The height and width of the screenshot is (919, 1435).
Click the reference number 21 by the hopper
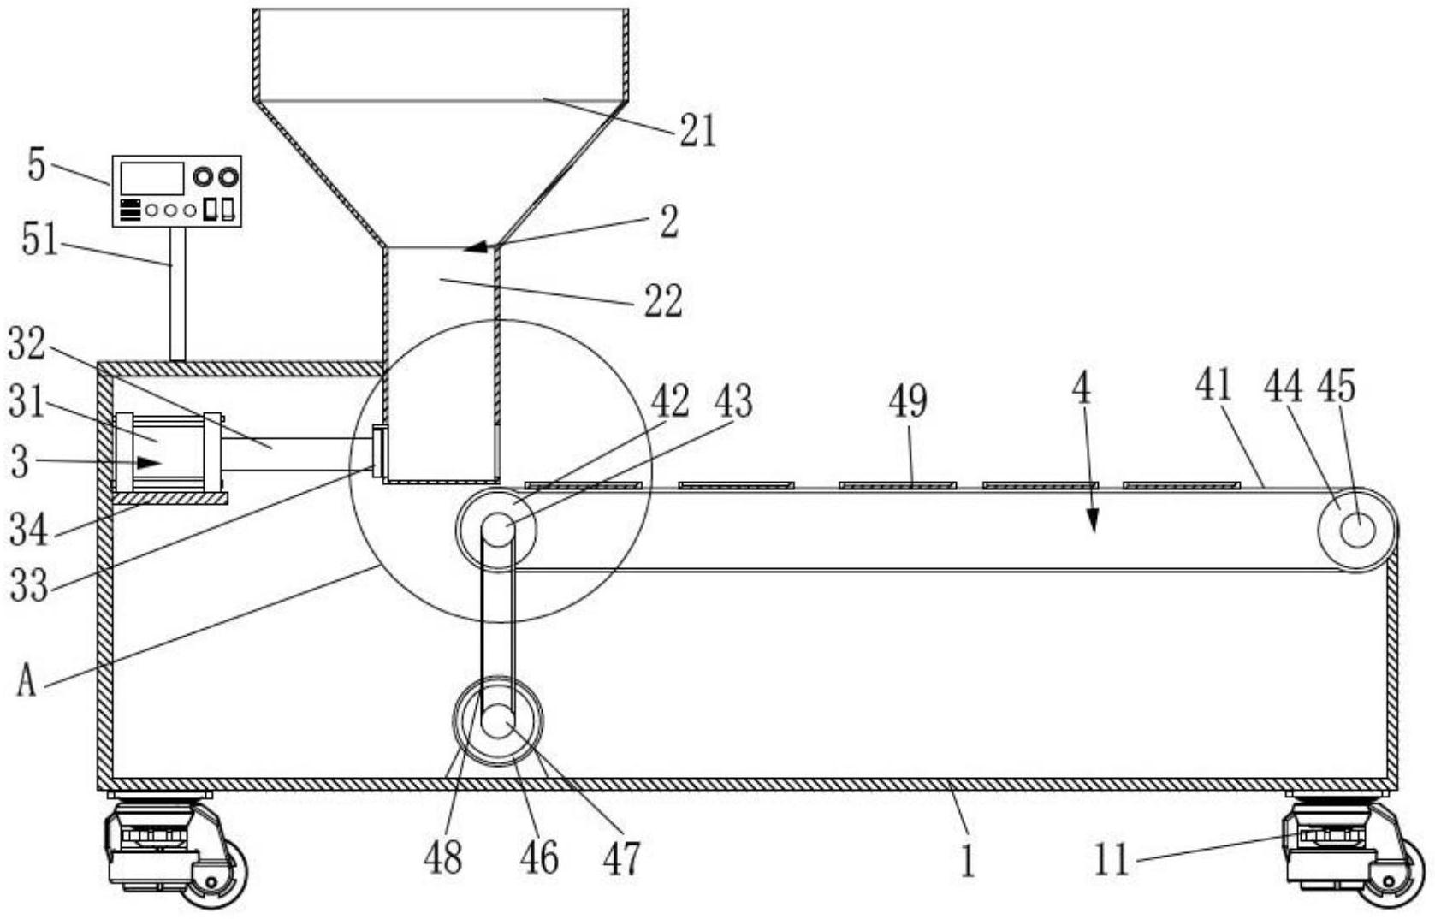coord(697,131)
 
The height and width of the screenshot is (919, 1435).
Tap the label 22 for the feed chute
coord(663,301)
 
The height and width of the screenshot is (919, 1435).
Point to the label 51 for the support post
coord(39,240)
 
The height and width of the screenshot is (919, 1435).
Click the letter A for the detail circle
coord(26,679)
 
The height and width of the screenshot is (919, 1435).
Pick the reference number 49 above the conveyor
coord(908,401)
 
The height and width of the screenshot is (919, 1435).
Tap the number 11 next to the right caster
coord(1111,859)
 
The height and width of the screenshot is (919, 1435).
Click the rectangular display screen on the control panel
coord(152,178)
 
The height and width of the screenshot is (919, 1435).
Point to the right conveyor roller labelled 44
coord(1357,531)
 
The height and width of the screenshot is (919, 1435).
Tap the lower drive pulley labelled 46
coord(498,721)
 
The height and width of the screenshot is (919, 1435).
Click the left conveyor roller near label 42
coord(497,529)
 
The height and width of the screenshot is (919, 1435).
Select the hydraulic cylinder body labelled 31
coord(169,454)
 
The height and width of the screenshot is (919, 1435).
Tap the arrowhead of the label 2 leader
coord(476,246)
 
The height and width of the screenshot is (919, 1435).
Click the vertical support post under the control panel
coord(177,294)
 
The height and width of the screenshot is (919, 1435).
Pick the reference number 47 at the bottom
coord(621,859)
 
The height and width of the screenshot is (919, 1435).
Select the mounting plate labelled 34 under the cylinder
coord(169,498)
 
